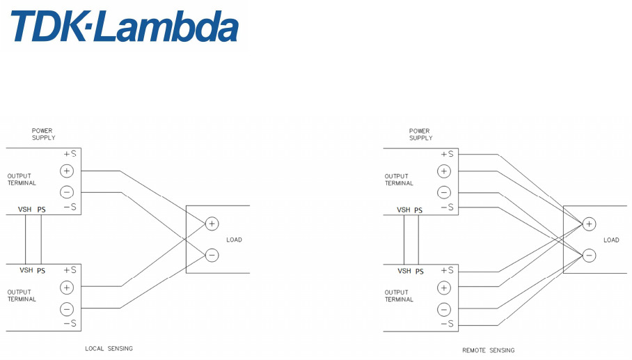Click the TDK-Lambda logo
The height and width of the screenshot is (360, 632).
tap(124, 27)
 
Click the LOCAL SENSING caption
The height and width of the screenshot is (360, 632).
tap(109, 348)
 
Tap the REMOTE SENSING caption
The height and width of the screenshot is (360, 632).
tap(489, 350)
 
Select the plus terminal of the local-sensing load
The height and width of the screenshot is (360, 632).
tap(212, 224)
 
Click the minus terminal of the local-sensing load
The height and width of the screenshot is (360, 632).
tap(212, 255)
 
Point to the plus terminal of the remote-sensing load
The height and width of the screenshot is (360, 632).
tap(589, 224)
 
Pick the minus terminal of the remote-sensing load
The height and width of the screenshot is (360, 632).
tap(589, 255)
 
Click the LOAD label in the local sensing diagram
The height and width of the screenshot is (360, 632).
tap(234, 240)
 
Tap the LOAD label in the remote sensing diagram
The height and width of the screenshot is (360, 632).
tap(611, 240)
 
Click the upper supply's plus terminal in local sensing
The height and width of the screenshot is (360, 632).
tap(67, 171)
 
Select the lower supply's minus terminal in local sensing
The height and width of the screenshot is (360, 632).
tap(67, 308)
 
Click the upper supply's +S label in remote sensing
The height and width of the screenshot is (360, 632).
tap(447, 154)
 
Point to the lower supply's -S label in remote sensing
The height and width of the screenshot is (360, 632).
tap(447, 324)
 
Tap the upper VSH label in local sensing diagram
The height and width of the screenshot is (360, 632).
tap(26, 209)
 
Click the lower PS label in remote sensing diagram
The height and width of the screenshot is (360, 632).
tap(419, 271)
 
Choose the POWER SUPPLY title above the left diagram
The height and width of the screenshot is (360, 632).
tap(42, 134)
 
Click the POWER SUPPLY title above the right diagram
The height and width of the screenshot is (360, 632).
tap(420, 134)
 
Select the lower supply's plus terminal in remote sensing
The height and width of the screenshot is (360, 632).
tap(444, 287)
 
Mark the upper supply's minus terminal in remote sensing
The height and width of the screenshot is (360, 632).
tap(444, 192)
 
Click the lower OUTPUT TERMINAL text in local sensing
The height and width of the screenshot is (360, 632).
tap(22, 296)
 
